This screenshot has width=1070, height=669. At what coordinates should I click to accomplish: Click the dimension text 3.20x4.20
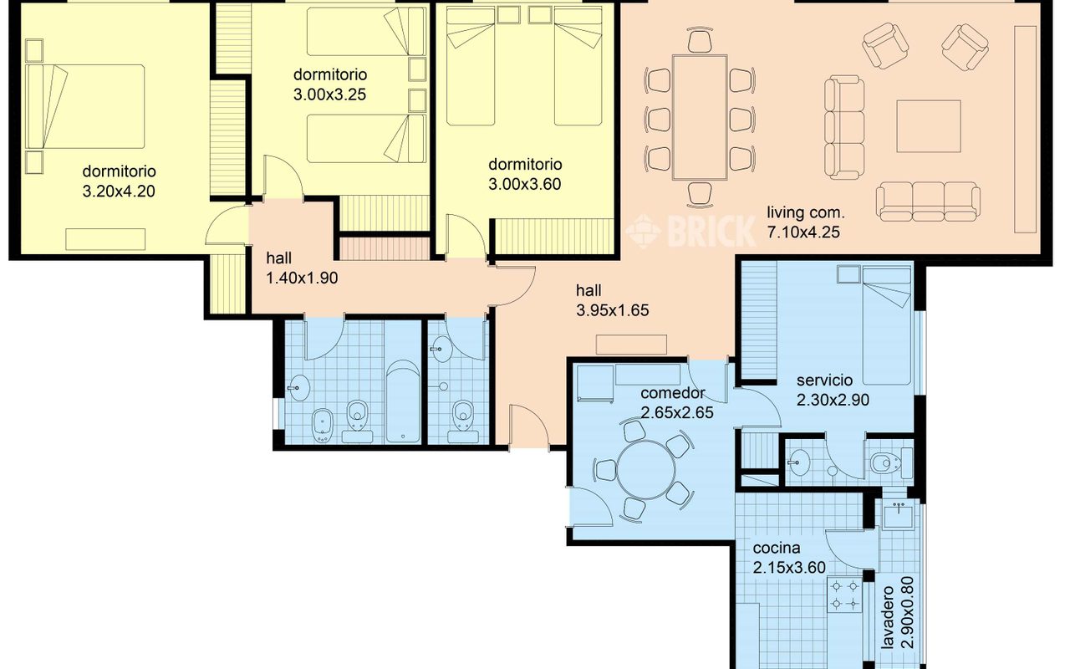119,192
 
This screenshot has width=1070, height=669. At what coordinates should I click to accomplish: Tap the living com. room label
805,212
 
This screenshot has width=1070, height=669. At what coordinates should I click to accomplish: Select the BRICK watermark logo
690,232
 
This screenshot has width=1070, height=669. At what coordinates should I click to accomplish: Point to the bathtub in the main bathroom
403,401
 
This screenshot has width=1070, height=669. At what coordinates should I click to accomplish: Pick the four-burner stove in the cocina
844,595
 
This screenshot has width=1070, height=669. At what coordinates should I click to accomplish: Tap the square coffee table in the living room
928,126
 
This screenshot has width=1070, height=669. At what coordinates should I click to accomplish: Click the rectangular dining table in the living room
700,118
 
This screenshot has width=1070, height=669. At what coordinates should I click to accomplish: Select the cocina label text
777,548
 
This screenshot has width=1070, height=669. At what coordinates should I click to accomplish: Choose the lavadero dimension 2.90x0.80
906,620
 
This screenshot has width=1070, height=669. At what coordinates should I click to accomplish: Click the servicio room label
824,380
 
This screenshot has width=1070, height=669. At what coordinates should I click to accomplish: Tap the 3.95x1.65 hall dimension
613,310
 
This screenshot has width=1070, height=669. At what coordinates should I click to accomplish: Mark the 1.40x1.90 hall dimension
302,278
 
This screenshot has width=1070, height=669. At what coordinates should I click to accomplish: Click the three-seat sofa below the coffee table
928,202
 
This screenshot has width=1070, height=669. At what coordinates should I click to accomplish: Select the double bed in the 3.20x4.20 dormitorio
85,106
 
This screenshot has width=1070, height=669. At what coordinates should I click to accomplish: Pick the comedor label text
673,393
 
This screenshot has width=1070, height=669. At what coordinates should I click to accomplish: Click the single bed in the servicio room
887,326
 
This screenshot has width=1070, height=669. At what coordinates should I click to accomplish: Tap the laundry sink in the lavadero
898,515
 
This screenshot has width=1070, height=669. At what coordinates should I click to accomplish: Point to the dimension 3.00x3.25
329,94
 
